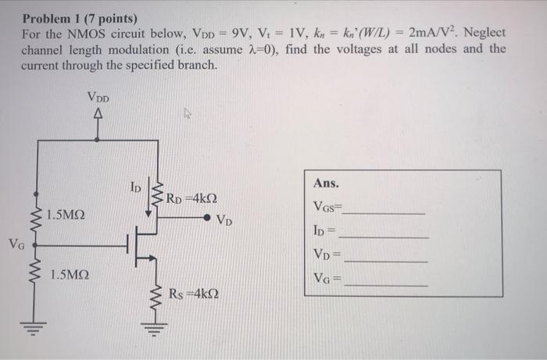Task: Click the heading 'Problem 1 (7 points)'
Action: click(79, 18)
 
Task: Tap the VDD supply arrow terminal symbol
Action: click(98, 116)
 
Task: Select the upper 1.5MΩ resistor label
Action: click(67, 214)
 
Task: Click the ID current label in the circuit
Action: click(135, 188)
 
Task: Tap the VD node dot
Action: click(206, 218)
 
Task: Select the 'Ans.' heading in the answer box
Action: click(326, 184)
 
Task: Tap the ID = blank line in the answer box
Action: click(384, 236)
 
